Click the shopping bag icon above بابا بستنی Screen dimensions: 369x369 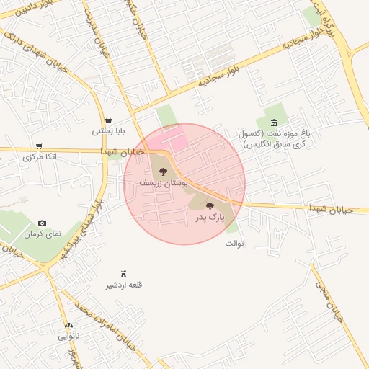108,120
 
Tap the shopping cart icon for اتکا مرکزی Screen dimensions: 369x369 38,146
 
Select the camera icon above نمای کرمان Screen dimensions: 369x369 42,223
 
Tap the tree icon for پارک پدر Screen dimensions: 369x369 210,206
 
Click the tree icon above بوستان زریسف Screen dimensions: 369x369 162,172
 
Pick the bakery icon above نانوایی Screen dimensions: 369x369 69,326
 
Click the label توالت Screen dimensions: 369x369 235,243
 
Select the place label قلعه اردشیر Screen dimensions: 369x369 125,285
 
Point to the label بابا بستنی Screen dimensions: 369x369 108,131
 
